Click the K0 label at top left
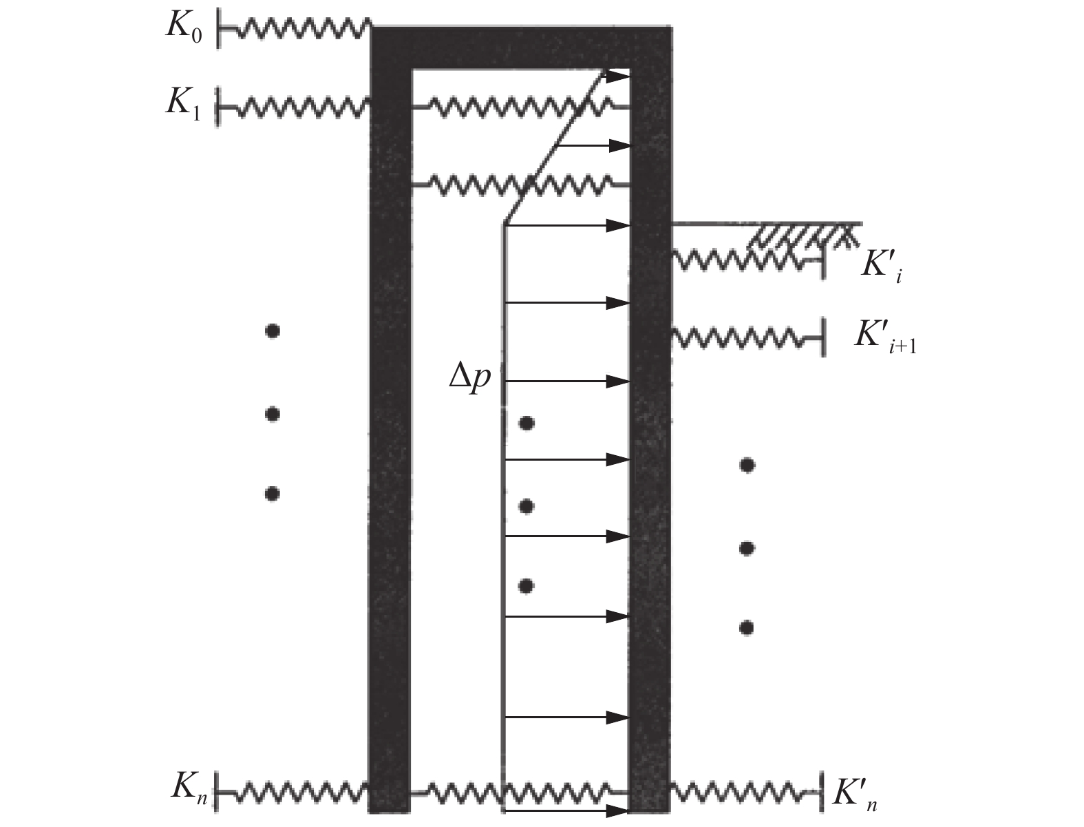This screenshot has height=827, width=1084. (x=182, y=28)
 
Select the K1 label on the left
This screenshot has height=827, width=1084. (x=182, y=105)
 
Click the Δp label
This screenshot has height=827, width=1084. (x=469, y=379)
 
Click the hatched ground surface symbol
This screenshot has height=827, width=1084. (x=802, y=235)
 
